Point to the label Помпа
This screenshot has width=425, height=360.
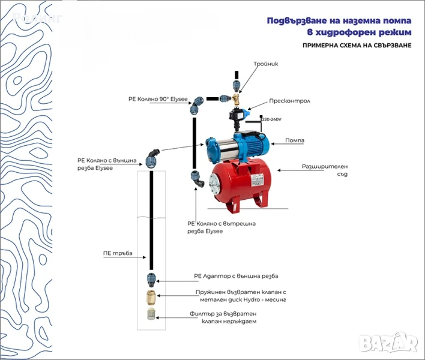pyautogui.click(x=295, y=140)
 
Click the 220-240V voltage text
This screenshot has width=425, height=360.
pyautogui.click(x=272, y=119)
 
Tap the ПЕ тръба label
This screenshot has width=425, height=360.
pyautogui.click(x=117, y=253)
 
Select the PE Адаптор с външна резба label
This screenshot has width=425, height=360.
pyautogui.click(x=236, y=277)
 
